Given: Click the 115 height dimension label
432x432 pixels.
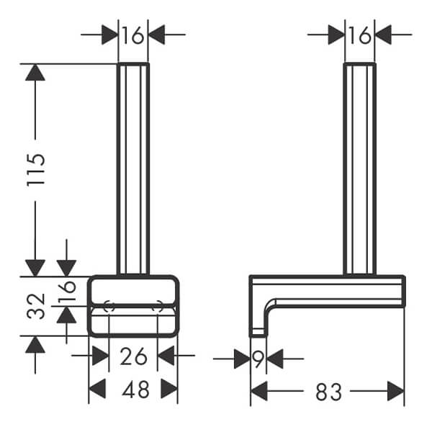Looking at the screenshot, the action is pos(36,170).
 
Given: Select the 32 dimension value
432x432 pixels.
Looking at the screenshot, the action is pos(36,307).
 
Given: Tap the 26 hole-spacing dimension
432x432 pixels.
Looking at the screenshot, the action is pos(133,356).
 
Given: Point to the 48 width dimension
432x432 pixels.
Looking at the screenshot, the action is pos(136,389).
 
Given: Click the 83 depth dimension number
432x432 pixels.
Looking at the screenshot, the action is pos(329,392).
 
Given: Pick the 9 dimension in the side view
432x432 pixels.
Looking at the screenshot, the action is pos(258,359).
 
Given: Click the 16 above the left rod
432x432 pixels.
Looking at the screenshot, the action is pos(132,35).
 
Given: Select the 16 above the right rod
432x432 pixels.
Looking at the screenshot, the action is pos(360,35).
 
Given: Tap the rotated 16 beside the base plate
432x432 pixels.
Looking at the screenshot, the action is pos(67,290).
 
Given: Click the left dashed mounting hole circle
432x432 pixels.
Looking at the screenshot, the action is pos(109,306).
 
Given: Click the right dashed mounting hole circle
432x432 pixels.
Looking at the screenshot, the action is pos(158,306).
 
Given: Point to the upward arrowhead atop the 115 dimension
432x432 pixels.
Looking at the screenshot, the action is pos(35,72).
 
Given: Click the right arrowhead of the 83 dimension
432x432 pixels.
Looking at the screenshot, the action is pos(395,391).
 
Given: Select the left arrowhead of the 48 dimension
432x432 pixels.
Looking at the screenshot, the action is pos(97,389).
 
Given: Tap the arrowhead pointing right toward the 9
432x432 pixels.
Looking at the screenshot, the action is pos(242,359).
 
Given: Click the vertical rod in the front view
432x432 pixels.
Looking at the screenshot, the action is pos(133,169).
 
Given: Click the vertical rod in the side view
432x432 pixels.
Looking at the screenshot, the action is pos(360,169).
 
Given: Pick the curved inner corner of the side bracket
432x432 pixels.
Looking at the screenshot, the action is pos(270,304).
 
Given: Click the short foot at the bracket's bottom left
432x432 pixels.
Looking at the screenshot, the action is pos(258,333).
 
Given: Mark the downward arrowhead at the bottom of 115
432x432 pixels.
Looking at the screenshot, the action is pos(35,268).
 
